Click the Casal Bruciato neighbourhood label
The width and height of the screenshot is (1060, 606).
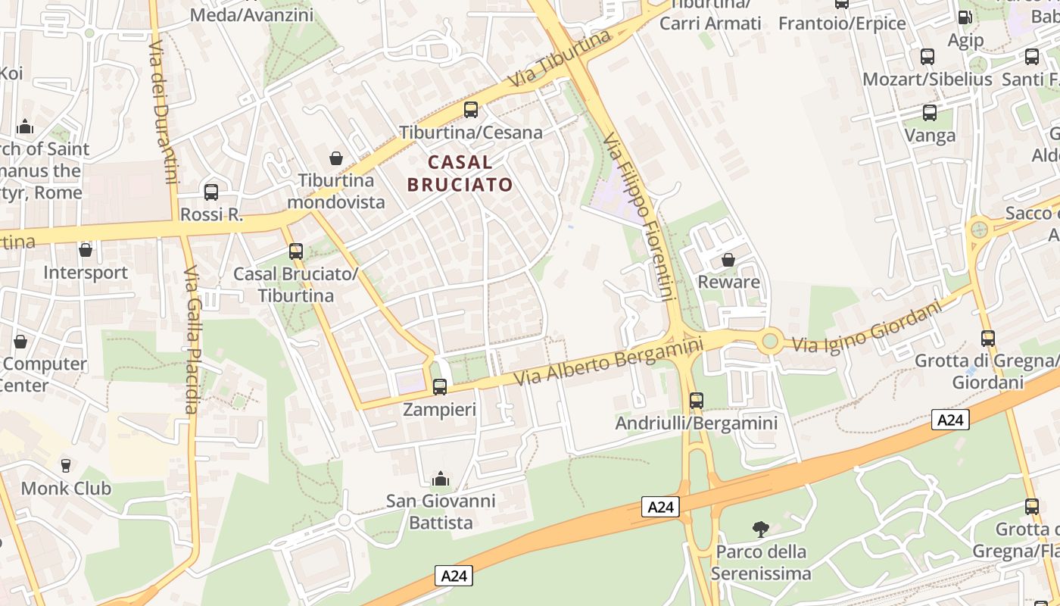point(460,173)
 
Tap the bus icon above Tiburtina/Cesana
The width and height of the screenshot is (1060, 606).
point(471,110)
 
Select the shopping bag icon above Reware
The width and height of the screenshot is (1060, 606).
point(728,260)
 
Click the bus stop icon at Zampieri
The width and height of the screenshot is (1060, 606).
point(440,387)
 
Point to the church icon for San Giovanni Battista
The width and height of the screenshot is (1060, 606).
point(440,479)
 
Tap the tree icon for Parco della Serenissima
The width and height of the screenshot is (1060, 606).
point(761,529)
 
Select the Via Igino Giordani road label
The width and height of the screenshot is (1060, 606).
point(868,326)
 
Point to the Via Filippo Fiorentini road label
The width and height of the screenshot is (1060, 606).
point(639,217)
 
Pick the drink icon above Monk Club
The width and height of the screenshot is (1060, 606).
point(66,465)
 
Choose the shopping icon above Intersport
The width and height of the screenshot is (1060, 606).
point(86,249)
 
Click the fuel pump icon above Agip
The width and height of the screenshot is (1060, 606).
point(965,17)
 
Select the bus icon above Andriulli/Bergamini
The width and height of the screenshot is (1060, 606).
point(697,401)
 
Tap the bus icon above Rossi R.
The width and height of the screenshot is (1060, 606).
point(211,192)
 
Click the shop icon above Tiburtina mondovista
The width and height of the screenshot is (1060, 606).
point(336,158)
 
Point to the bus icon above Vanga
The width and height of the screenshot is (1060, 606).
point(930,113)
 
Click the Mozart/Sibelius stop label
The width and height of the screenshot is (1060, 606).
point(927,79)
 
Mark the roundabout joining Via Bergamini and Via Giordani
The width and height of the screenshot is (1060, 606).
point(771,341)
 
